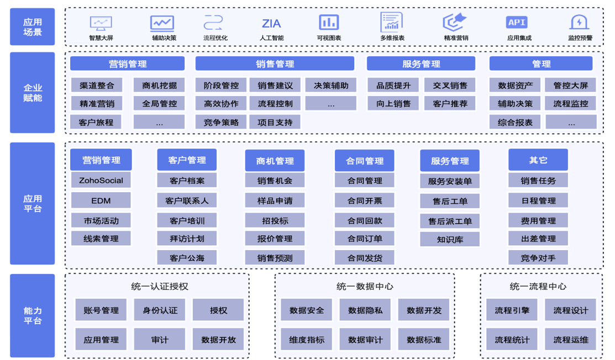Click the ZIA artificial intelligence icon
click(x=271, y=23)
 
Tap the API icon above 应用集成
click(x=517, y=22)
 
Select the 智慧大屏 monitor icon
click(x=101, y=23)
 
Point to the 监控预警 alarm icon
click(x=579, y=22)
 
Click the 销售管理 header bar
click(x=275, y=64)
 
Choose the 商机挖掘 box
click(x=159, y=85)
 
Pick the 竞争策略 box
click(x=220, y=122)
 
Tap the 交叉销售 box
click(x=450, y=85)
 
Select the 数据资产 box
click(x=515, y=85)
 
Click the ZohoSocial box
click(x=101, y=181)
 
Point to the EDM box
click(x=101, y=200)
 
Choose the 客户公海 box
click(x=187, y=258)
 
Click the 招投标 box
click(x=275, y=221)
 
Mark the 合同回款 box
click(x=365, y=221)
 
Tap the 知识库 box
click(x=450, y=239)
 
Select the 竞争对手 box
click(x=538, y=258)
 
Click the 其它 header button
click(x=538, y=160)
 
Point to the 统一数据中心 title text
click(x=365, y=287)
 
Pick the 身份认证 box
click(x=160, y=310)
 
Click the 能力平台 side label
click(x=33, y=316)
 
